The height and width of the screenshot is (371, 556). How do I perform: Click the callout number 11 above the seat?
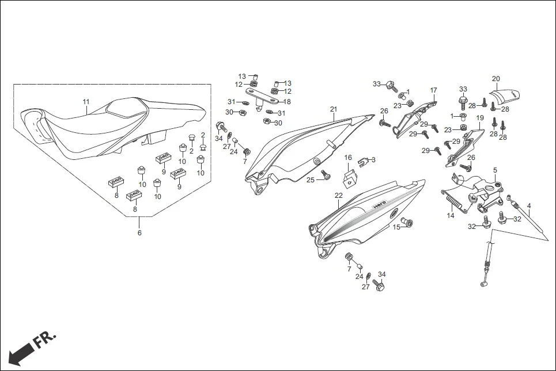(86, 102)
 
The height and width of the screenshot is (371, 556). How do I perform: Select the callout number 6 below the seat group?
(139, 233)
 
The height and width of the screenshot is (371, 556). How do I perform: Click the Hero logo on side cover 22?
(379, 204)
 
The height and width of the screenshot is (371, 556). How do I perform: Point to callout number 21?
(334, 109)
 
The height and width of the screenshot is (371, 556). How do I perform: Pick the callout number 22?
(338, 196)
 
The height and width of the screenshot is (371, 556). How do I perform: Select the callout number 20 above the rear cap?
(496, 79)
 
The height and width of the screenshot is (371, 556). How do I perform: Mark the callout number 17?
(433, 90)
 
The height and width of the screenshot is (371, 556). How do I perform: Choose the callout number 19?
(479, 118)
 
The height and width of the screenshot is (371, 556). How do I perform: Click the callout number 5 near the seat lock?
(495, 170)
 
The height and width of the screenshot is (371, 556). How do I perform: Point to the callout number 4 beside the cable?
(529, 205)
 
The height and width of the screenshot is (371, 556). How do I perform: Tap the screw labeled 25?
(324, 174)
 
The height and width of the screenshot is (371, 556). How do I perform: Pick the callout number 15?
(396, 228)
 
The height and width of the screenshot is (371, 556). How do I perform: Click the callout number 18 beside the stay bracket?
(288, 102)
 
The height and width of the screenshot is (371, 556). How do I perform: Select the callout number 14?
(451, 216)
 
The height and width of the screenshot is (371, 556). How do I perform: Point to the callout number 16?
(348, 157)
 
